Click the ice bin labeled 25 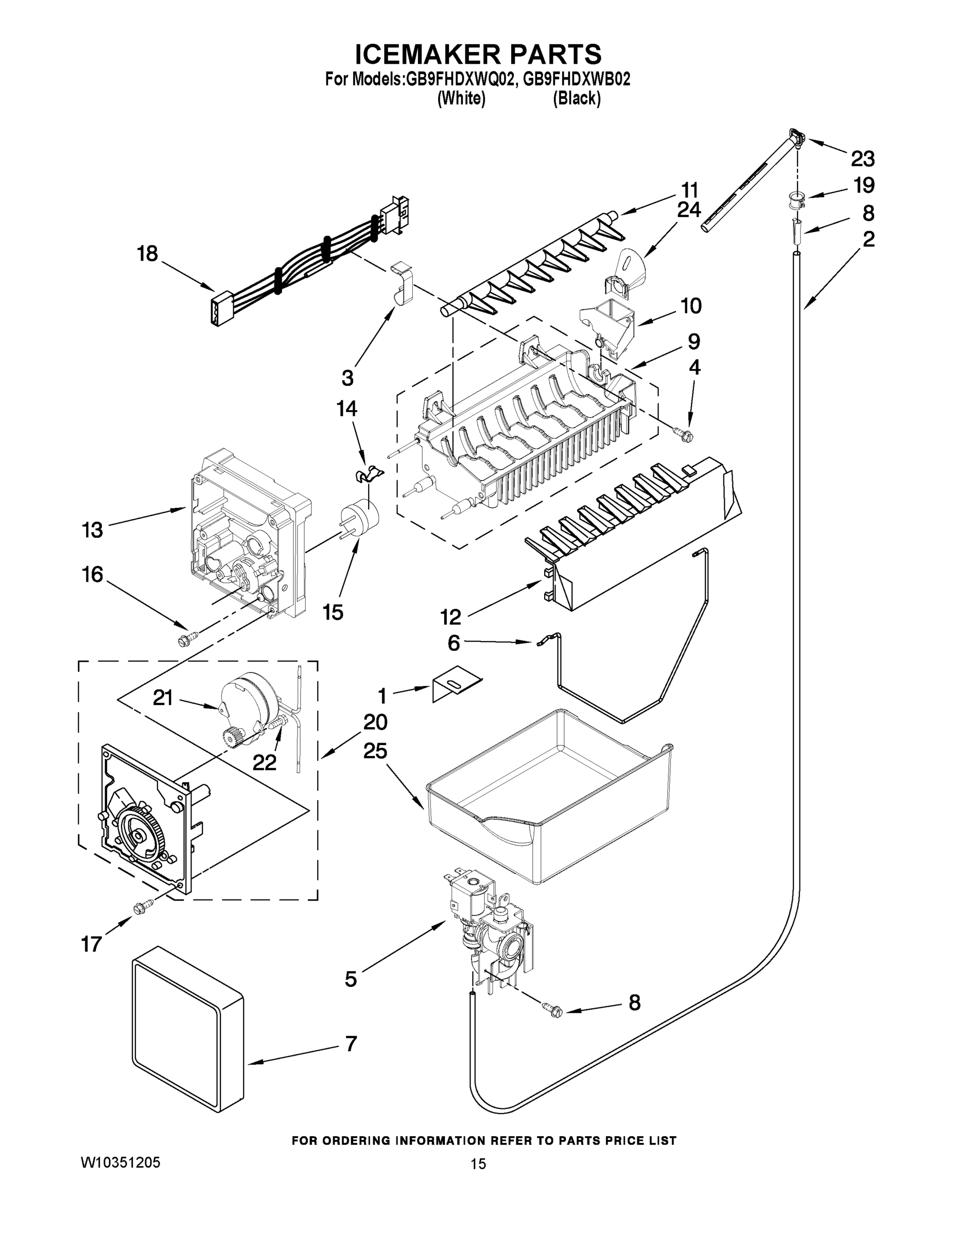pos(549,803)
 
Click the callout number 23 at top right pos(863,160)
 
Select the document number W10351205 pos(121,1162)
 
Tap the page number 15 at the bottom pos(478,1164)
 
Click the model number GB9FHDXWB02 pos(576,80)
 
